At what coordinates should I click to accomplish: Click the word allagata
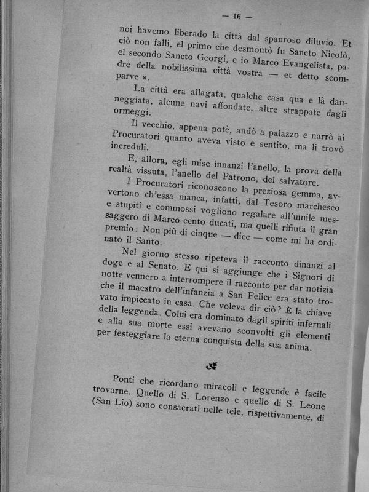pos(204,92)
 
